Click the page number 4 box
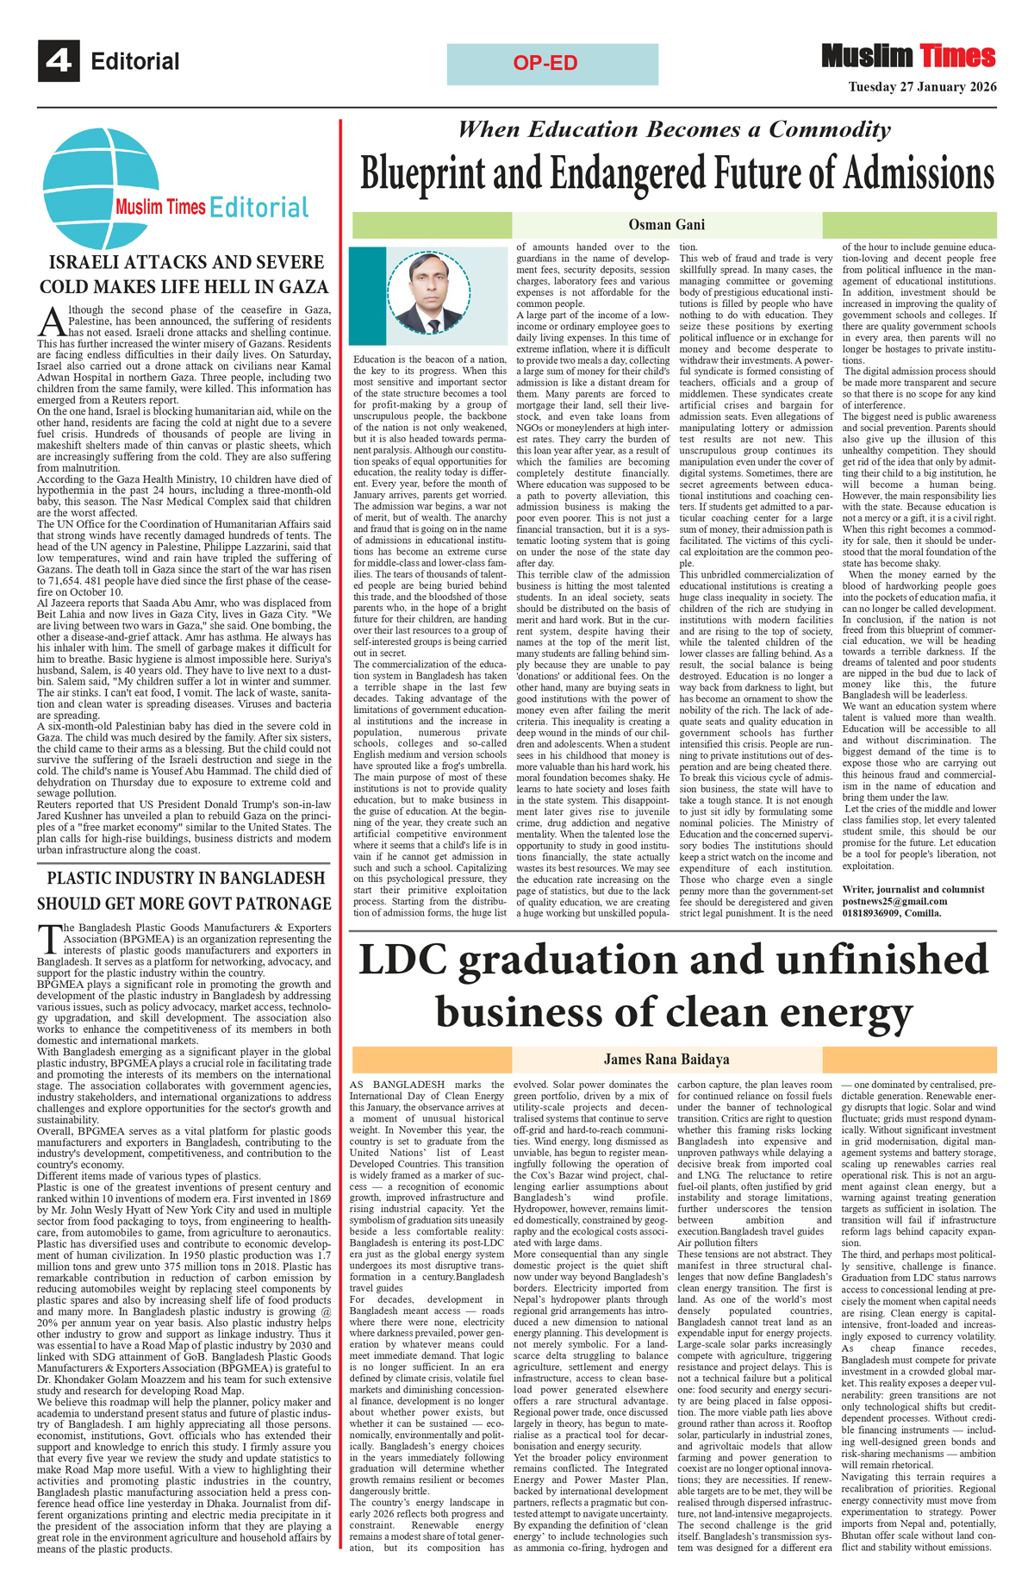(59, 60)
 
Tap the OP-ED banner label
(545, 63)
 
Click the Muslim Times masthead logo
(908, 57)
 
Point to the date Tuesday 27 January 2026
(922, 87)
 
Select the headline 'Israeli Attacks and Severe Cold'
(184, 274)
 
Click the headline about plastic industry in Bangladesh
(184, 891)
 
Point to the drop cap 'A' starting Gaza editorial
(52, 322)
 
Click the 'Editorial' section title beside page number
(135, 61)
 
